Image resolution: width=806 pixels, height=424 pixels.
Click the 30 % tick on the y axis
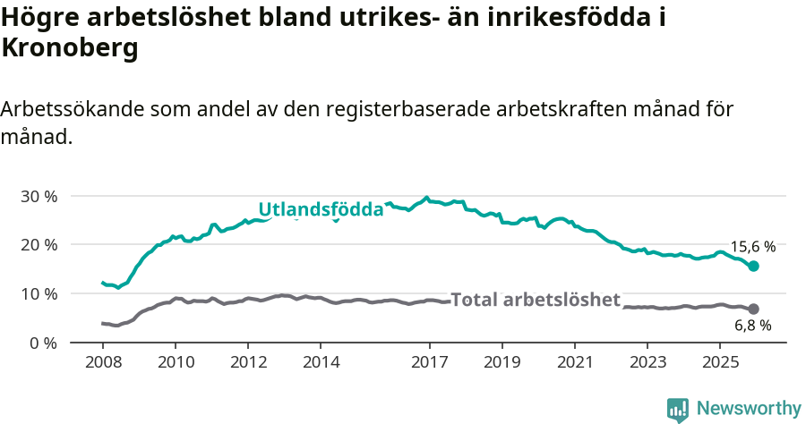(39, 196)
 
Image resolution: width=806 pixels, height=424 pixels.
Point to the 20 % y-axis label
(39, 244)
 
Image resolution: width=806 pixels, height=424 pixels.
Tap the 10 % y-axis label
(39, 293)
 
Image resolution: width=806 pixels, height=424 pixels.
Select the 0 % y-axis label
(42, 343)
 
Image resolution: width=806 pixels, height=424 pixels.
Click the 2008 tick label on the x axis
(102, 362)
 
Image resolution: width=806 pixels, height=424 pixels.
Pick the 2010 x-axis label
(175, 362)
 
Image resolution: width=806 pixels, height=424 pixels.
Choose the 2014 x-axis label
(321, 362)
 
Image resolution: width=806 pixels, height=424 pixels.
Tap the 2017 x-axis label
(429, 362)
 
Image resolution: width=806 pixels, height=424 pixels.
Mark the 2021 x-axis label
(575, 362)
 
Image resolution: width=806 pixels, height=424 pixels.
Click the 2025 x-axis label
(720, 362)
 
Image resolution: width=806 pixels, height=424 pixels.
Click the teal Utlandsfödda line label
(321, 208)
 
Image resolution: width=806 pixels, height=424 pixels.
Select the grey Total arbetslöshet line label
(535, 300)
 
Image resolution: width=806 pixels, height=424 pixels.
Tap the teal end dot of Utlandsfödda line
(753, 266)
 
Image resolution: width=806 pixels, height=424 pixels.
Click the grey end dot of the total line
(753, 309)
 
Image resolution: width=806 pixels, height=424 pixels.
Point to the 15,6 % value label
(752, 246)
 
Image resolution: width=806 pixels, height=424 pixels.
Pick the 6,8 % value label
(752, 326)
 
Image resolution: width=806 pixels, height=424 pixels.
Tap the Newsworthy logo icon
(678, 409)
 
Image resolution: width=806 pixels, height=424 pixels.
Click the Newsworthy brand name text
(749, 409)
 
